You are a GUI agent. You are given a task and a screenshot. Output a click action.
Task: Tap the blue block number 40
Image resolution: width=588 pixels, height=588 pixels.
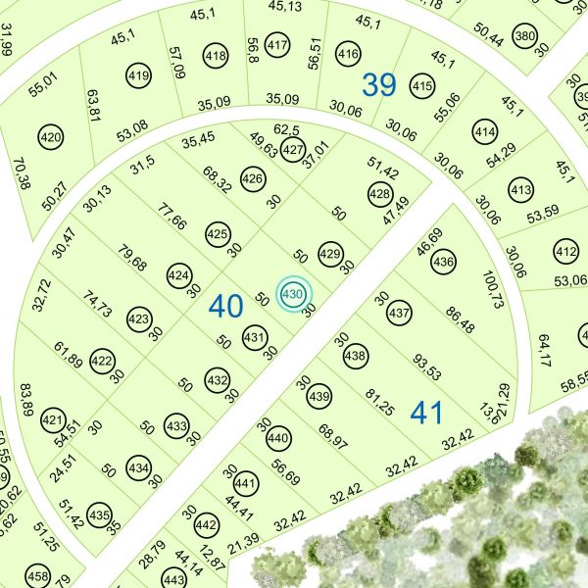click(x=225, y=307)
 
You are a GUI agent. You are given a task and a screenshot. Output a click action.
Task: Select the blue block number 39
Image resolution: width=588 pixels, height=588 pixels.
click(x=379, y=85)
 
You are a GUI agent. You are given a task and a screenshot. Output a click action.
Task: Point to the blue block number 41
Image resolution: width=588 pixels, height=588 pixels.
click(x=427, y=413)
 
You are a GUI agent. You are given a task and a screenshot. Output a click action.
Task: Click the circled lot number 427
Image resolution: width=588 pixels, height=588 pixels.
click(x=292, y=150)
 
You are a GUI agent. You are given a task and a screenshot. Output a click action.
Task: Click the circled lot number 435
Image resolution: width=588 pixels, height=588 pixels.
click(x=99, y=514)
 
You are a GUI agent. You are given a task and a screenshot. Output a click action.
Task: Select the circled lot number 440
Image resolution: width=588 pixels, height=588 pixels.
click(x=279, y=438)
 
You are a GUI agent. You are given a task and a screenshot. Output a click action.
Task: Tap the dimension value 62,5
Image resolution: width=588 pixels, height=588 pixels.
click(x=285, y=128)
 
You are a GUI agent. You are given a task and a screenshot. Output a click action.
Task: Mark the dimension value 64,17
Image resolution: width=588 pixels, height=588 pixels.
click(x=545, y=353)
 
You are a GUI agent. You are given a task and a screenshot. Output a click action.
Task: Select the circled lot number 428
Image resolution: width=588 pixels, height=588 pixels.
click(x=379, y=194)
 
